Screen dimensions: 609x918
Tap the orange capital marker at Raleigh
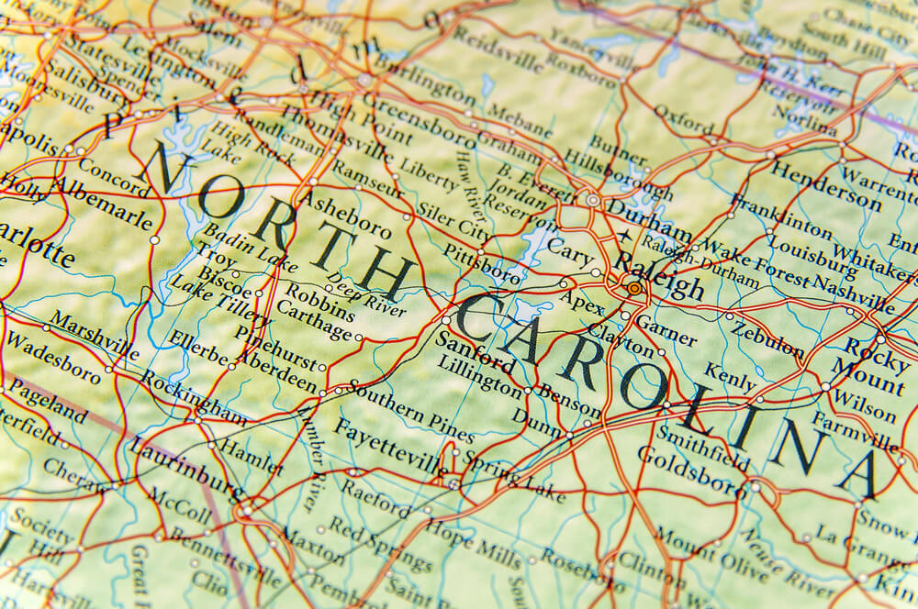click(x=634, y=289)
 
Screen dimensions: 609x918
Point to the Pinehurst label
click(x=274, y=345)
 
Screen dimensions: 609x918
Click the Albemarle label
click(x=101, y=202)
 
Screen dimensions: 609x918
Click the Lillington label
click(x=480, y=374)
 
